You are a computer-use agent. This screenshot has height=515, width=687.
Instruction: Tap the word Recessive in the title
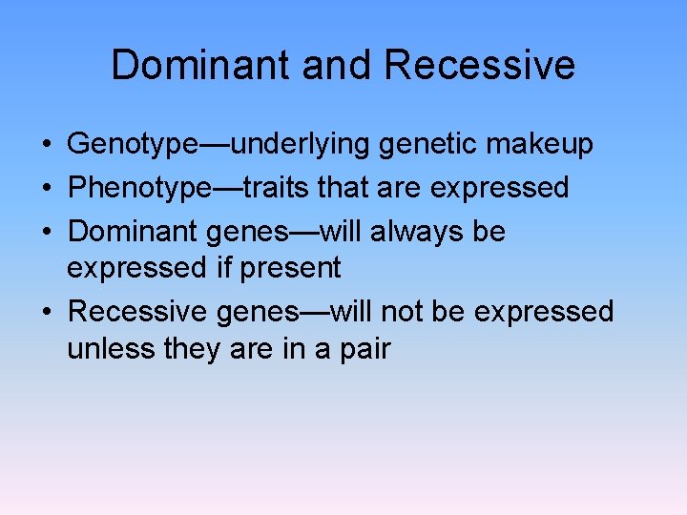480,65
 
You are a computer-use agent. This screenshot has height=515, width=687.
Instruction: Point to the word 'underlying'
303,145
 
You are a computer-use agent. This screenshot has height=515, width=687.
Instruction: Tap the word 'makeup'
544,145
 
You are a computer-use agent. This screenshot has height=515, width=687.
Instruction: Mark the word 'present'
290,268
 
